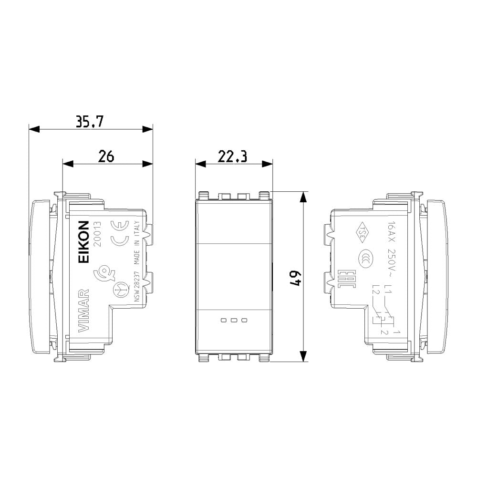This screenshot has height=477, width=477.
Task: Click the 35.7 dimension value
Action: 90,122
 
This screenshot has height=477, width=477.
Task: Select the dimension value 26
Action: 106,156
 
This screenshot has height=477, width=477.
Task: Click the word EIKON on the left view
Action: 83,242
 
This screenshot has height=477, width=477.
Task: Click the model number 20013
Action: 97,234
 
